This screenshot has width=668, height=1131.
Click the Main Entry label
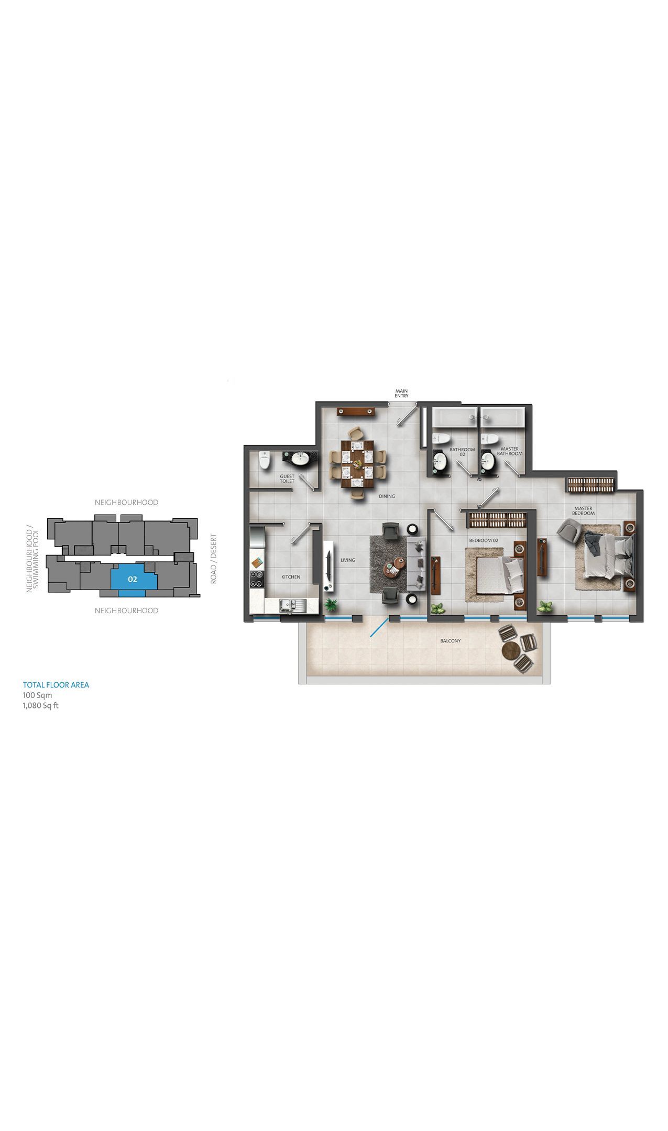coord(401,393)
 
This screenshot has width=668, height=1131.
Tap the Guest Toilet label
coord(287,479)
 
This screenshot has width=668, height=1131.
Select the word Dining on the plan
coord(387,496)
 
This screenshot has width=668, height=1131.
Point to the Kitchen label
coord(291,576)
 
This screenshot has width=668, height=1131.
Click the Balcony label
coord(451,640)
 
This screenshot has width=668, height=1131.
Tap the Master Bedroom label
coord(583,511)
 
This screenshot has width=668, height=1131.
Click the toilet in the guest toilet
coord(265,461)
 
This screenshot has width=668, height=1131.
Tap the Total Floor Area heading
coord(56,685)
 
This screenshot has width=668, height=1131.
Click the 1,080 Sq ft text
coord(40,705)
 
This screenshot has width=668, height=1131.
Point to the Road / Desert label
coord(213,559)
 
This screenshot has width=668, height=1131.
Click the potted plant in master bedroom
coord(545,607)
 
